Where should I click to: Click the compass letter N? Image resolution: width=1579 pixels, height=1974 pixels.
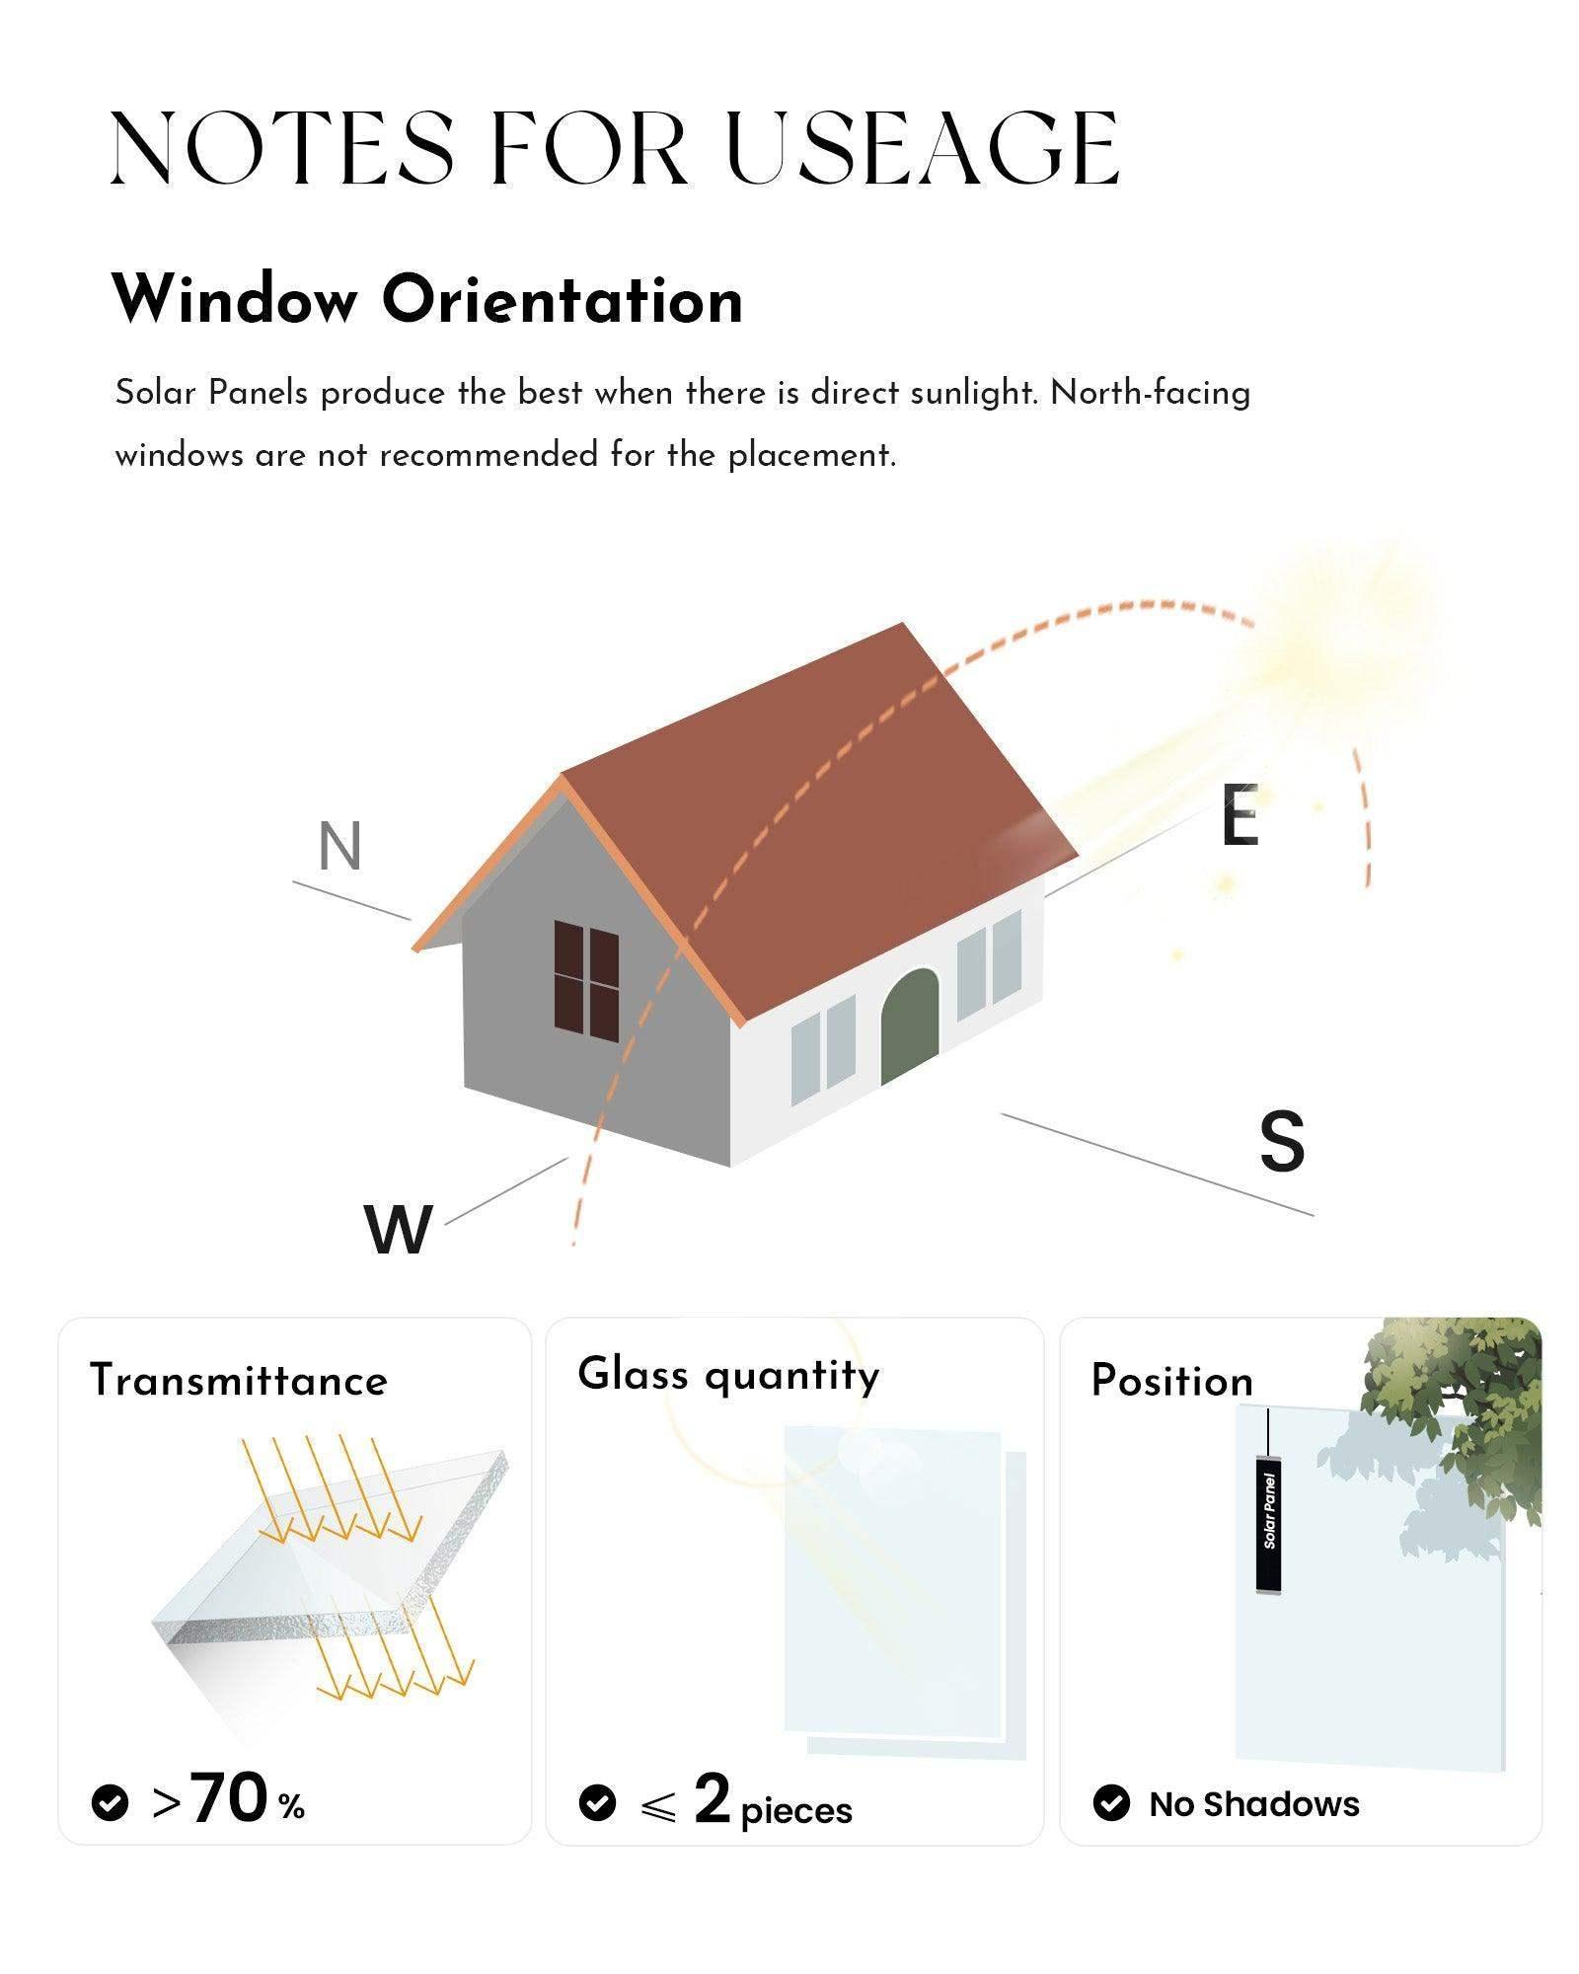pos(340,847)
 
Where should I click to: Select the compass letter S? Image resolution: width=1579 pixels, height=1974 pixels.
pos(1282,1141)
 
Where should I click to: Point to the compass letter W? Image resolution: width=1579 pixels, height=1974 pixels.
pos(399,1230)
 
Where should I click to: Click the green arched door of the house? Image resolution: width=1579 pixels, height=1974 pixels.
pos(909,1025)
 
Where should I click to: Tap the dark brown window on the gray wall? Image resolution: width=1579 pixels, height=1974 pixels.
pos(586,979)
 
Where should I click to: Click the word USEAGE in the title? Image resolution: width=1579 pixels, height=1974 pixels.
pos(923,149)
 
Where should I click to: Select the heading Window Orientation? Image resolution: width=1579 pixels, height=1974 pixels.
pos(427,299)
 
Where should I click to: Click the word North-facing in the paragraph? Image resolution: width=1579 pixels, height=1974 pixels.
pos(1151,393)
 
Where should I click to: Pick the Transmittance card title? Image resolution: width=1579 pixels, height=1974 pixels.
pos(239,1380)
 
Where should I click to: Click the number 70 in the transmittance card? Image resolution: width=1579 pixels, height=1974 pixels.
pos(229,1797)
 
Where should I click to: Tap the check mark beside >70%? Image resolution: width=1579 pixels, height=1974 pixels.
pos(110,1802)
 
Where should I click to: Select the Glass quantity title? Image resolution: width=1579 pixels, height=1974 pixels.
pos(728,1375)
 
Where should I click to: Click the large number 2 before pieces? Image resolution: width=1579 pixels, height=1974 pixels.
pos(712,1798)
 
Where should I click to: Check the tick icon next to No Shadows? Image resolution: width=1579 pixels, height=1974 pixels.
pos(1111,1803)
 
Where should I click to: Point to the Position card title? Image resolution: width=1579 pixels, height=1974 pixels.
pos(1171,1381)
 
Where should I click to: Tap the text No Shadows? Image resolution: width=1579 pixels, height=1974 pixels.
pos(1254,1804)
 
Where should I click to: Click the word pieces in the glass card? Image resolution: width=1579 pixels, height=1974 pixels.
pos(796,1811)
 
